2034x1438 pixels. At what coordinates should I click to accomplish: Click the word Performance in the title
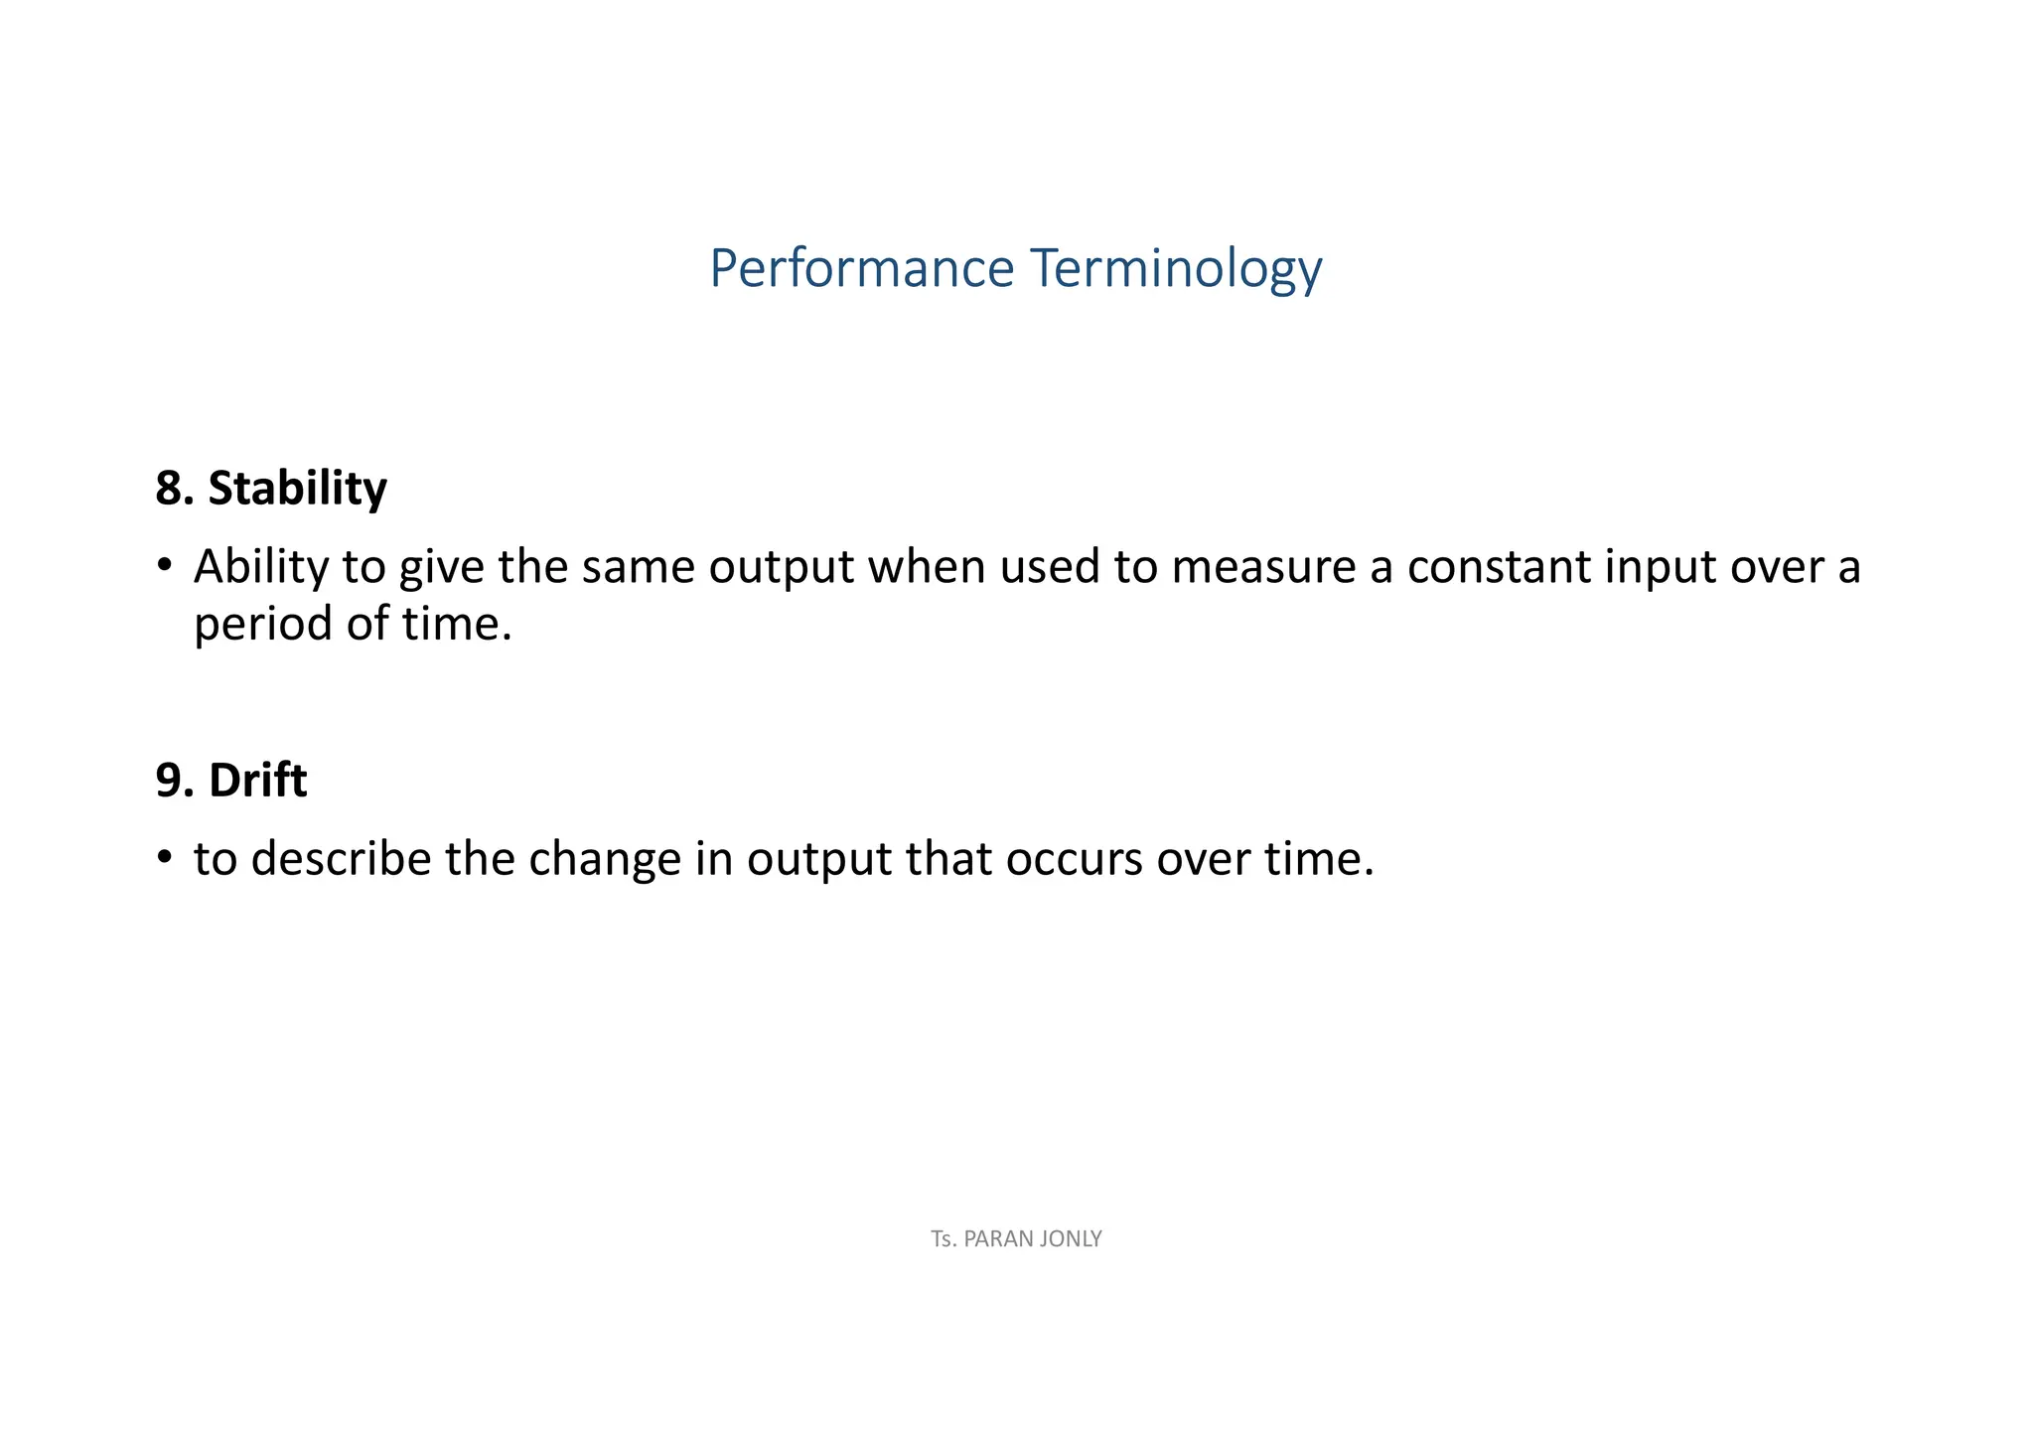click(861, 269)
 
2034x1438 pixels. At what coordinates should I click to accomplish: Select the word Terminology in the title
click(1177, 269)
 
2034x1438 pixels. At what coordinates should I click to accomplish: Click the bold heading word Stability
click(297, 488)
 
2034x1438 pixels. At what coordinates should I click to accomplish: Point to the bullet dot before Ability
click(164, 566)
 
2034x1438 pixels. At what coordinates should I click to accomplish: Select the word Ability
click(261, 566)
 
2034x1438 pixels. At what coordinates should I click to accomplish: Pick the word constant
click(1499, 566)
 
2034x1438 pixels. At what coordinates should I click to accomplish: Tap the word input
click(1660, 566)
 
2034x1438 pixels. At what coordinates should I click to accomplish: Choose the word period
click(262, 625)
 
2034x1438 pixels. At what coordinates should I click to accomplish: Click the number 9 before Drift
click(168, 780)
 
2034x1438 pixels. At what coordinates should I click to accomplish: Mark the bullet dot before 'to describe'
click(164, 858)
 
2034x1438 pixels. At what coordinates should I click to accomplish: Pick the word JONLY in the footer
click(1071, 1239)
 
